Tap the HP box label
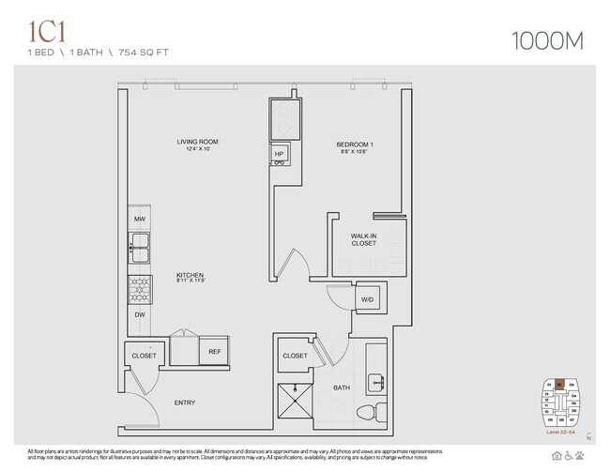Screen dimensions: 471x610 (279, 154)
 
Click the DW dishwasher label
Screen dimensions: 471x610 (139, 314)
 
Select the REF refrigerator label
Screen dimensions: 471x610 (214, 352)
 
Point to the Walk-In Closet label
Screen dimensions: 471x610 (363, 239)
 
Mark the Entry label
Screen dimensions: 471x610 (185, 403)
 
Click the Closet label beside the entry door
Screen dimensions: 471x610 (144, 357)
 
